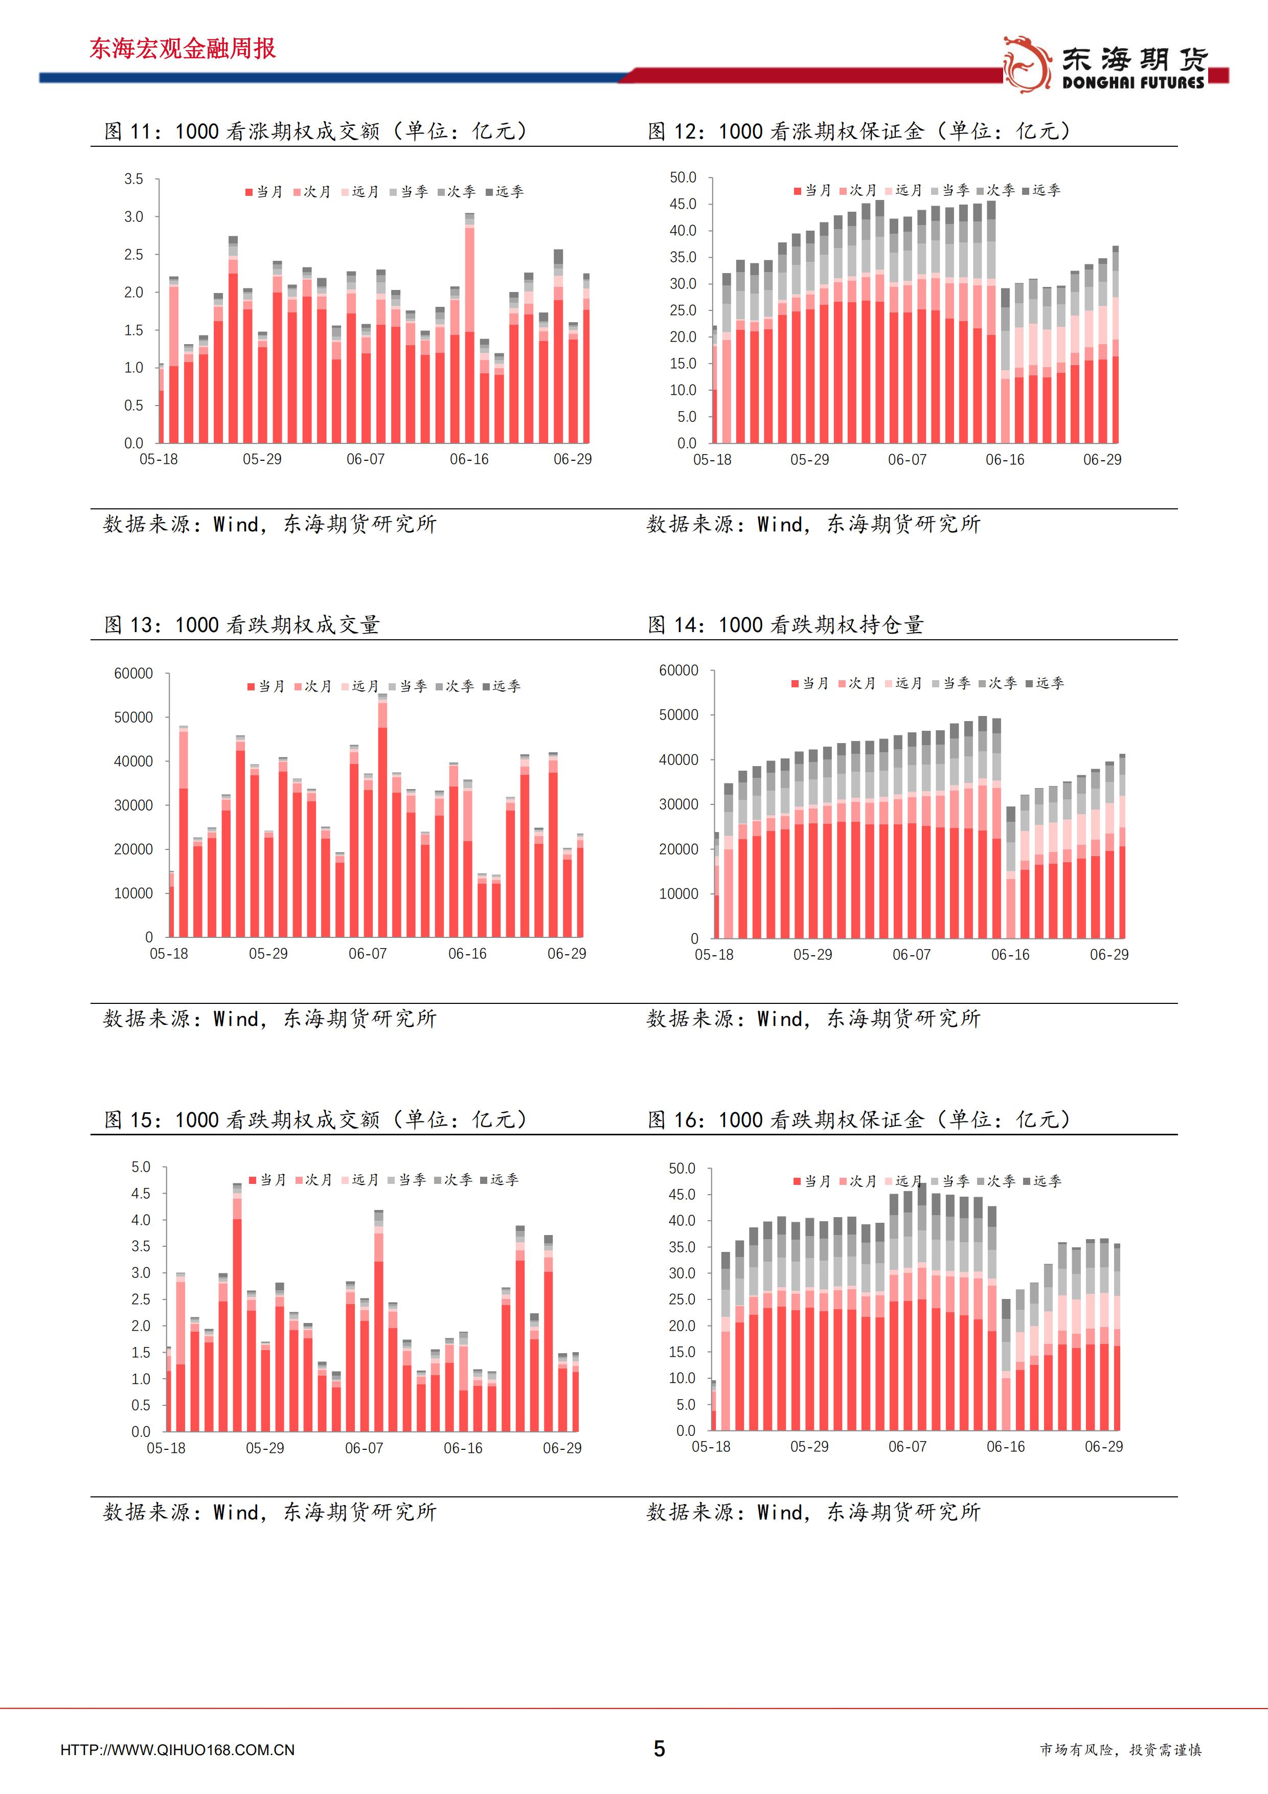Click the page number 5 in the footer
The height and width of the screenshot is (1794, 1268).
click(660, 1748)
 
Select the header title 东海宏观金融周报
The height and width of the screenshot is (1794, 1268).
click(182, 49)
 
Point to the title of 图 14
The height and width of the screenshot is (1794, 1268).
click(786, 624)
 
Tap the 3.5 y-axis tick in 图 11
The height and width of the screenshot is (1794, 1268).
click(133, 179)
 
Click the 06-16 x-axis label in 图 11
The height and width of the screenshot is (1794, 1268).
click(469, 459)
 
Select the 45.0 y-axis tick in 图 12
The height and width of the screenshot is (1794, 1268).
click(683, 204)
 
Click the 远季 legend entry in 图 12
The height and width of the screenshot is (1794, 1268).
click(1041, 190)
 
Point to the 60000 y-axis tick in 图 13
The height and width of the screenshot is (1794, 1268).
click(133, 674)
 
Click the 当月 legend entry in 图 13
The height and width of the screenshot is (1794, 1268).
click(266, 686)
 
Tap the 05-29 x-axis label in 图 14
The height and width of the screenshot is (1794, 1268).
click(812, 955)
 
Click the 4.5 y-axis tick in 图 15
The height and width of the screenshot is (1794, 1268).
click(141, 1193)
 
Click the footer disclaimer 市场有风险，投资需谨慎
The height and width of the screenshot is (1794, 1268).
click(1120, 1750)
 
